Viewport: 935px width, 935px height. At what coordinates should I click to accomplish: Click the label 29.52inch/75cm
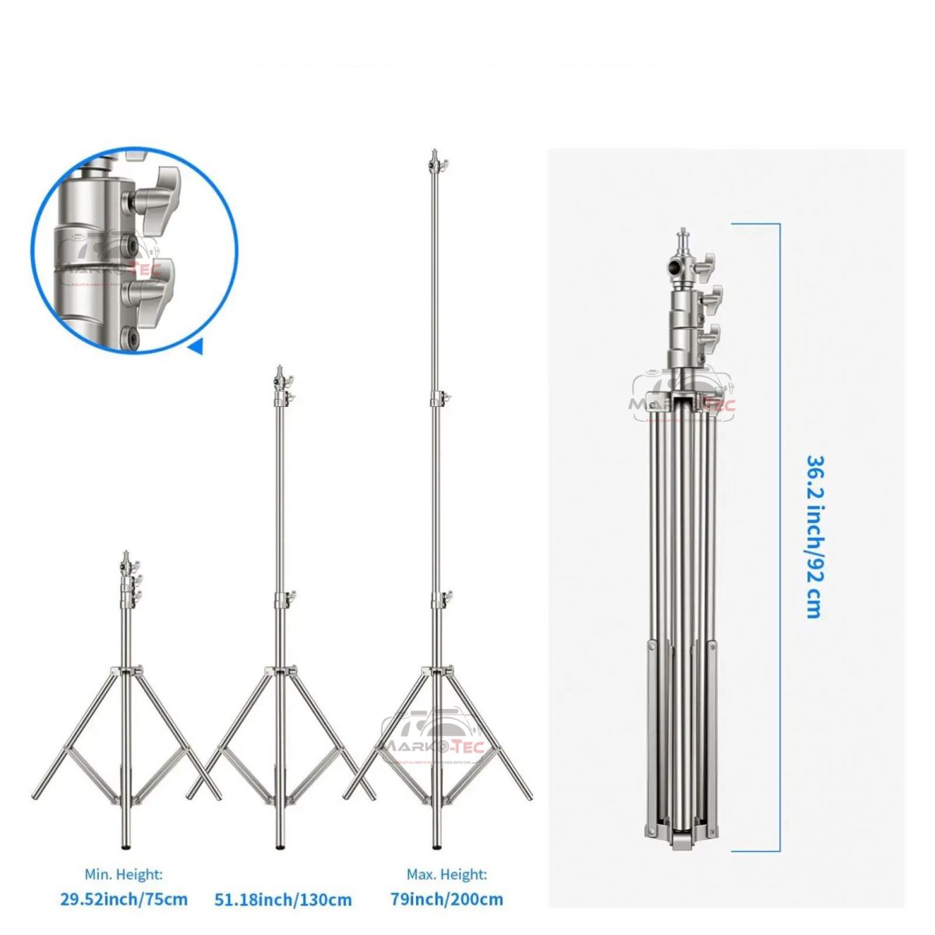(125, 899)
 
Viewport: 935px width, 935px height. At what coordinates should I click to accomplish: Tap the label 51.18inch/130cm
(283, 900)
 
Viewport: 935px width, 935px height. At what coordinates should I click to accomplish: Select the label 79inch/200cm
(446, 899)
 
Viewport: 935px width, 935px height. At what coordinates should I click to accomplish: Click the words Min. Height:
(124, 875)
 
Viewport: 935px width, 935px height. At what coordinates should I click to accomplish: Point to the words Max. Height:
(446, 875)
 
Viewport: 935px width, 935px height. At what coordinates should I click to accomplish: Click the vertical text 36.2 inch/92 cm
(813, 536)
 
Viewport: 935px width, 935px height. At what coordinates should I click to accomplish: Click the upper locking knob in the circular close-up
(160, 191)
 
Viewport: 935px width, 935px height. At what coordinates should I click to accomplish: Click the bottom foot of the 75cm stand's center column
(125, 844)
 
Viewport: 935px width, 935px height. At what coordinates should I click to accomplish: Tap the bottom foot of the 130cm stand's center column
(280, 845)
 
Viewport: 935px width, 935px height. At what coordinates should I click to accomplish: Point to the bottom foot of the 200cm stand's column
(436, 845)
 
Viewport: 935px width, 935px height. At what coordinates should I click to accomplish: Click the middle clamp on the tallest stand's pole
(437, 399)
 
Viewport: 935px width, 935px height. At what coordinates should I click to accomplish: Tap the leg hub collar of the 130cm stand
(280, 671)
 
